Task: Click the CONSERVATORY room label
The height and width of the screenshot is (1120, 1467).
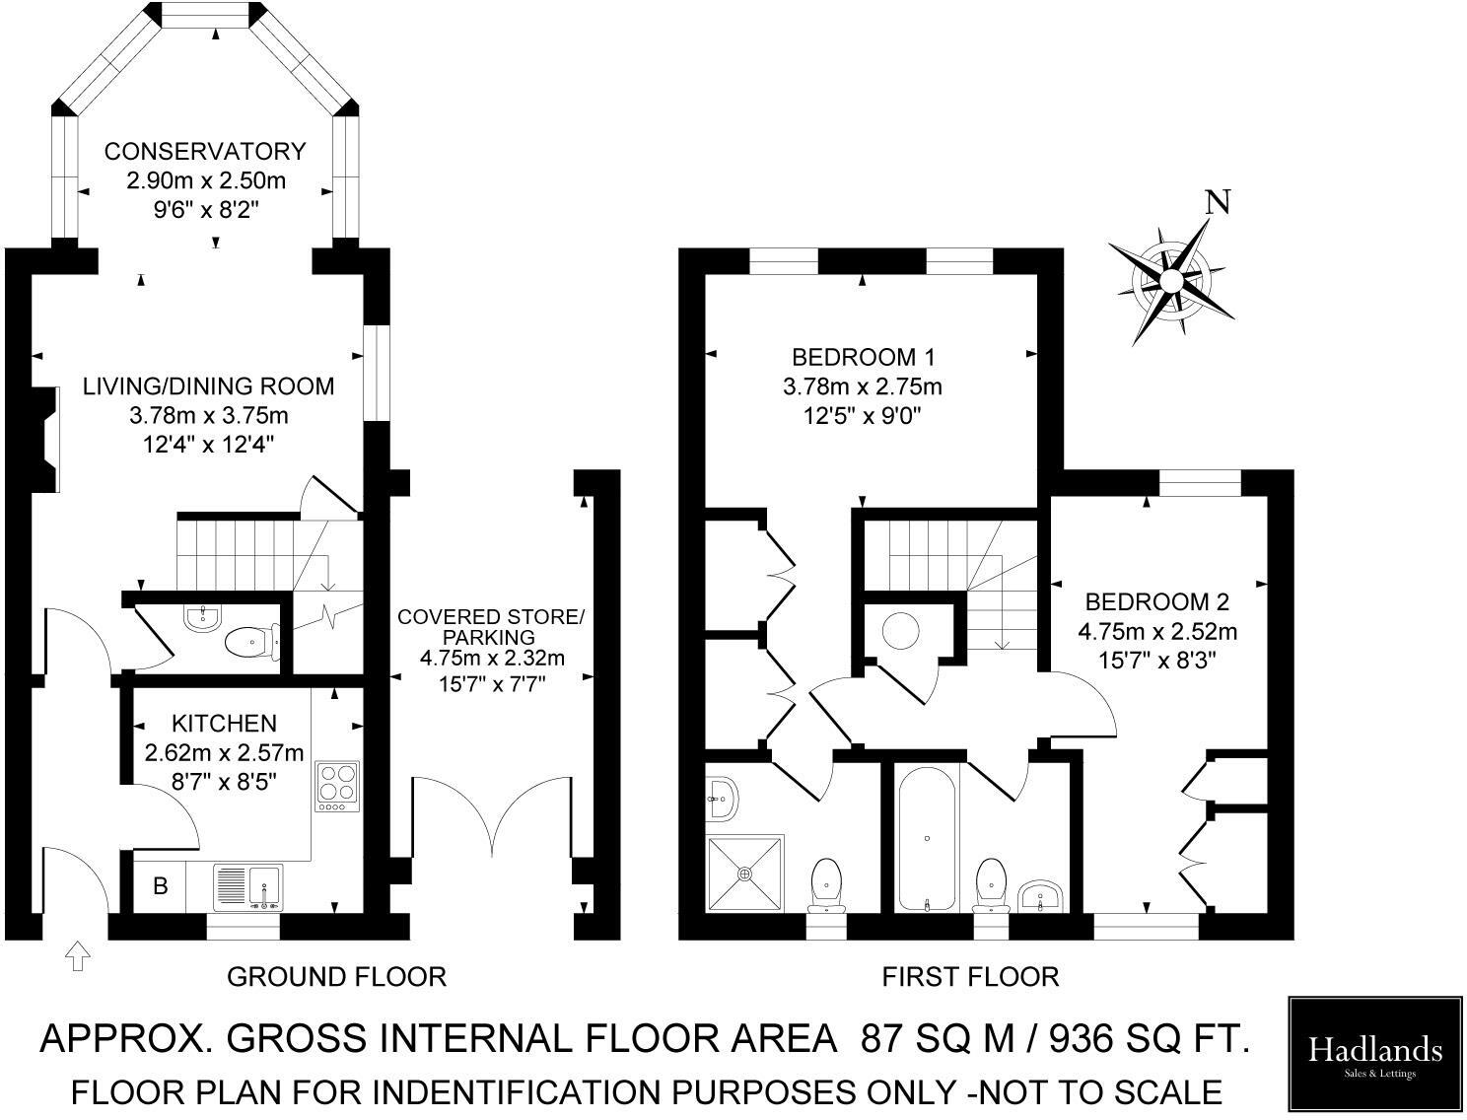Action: pos(205,151)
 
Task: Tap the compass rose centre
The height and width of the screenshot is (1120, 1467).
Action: pos(1170,281)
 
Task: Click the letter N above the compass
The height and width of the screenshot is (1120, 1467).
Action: pos(1219,202)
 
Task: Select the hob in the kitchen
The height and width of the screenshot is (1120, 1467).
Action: pos(337,786)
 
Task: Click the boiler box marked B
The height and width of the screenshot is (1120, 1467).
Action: pos(160,886)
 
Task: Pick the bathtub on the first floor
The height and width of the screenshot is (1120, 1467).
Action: pos(927,838)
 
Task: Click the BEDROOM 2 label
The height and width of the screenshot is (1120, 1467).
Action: pos(1157,601)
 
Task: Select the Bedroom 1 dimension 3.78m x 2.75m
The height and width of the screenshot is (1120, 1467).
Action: pos(863,385)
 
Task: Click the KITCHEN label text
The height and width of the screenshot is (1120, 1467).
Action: pos(224,724)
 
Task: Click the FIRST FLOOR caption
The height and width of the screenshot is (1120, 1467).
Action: pos(970,976)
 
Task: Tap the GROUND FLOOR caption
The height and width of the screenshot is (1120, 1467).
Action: pos(336,976)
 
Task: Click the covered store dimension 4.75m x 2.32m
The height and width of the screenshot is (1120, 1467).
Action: pos(492,658)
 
